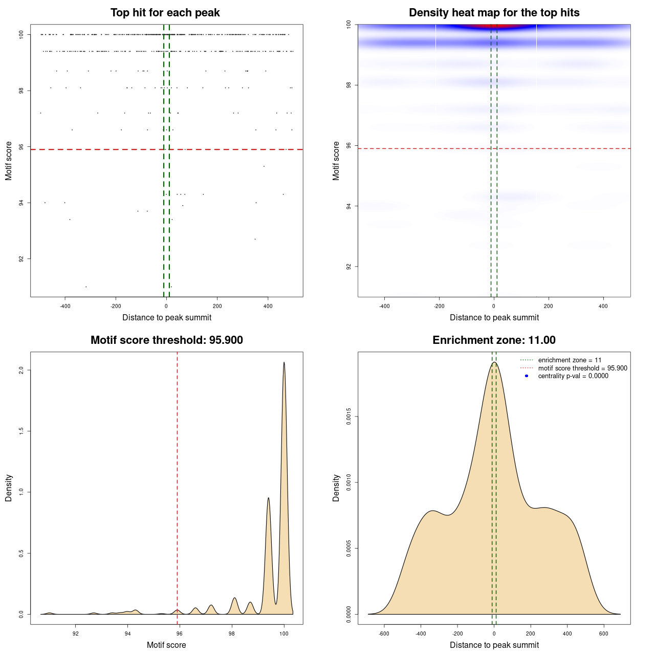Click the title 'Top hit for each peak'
(x=165, y=13)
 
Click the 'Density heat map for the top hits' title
(x=494, y=13)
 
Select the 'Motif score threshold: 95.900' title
(x=166, y=340)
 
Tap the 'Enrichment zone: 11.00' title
(x=494, y=340)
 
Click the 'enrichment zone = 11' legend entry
(x=570, y=360)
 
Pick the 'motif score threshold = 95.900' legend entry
(x=582, y=368)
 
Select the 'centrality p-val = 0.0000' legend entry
(x=573, y=376)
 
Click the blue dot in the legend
(x=527, y=376)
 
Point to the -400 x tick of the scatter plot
(x=65, y=307)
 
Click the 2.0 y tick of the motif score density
(x=21, y=370)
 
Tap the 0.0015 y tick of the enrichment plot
(x=348, y=417)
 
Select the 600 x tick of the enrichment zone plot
(x=604, y=634)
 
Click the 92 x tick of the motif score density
(x=76, y=634)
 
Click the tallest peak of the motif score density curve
(x=284, y=363)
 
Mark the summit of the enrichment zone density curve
(x=494, y=363)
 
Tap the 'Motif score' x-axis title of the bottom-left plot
(x=166, y=645)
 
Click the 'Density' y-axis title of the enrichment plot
(x=336, y=488)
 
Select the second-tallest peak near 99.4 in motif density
(x=268, y=498)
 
